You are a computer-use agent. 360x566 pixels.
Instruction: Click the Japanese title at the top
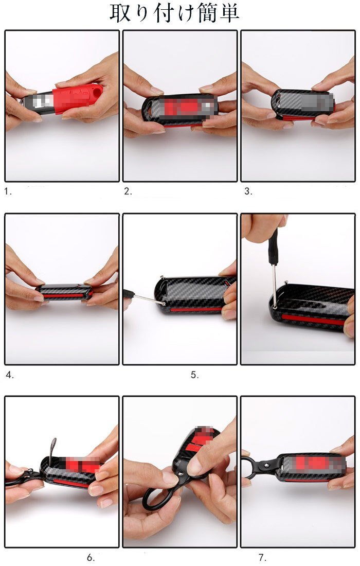(x=174, y=13)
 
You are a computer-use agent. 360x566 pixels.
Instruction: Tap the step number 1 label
(x=8, y=191)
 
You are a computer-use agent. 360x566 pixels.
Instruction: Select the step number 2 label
(x=128, y=191)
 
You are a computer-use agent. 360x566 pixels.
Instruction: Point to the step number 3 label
(x=248, y=191)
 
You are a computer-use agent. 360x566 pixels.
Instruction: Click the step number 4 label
(x=10, y=375)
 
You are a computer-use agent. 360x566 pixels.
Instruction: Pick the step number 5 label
(x=195, y=375)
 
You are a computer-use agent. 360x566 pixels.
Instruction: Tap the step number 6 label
(x=91, y=558)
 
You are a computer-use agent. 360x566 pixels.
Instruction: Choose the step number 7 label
(x=262, y=558)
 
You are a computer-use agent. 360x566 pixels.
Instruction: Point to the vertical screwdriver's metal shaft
(x=275, y=285)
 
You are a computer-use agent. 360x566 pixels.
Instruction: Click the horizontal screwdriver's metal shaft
(x=147, y=299)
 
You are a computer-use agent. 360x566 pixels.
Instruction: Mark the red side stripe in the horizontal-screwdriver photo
(x=196, y=309)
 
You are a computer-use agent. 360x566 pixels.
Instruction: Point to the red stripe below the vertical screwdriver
(x=314, y=319)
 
